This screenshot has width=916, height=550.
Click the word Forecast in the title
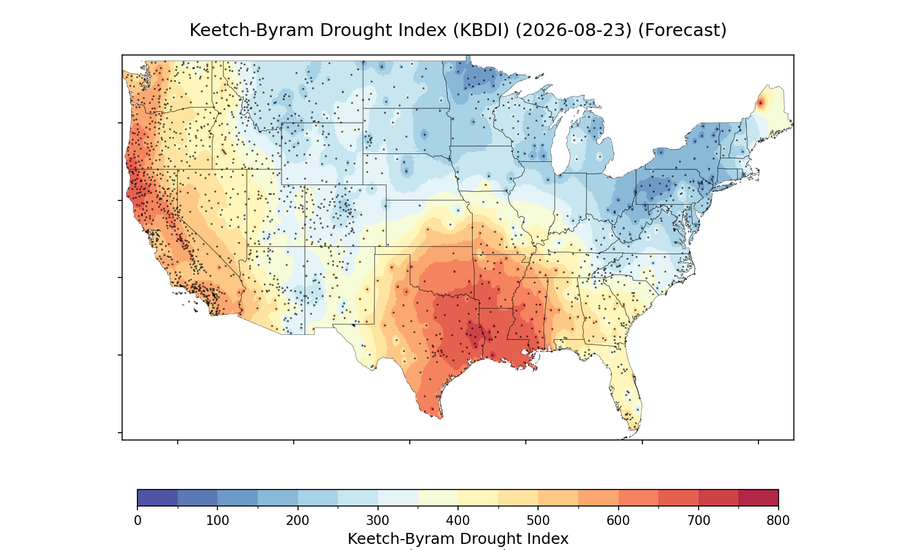point(682,30)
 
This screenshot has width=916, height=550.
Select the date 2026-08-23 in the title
point(573,30)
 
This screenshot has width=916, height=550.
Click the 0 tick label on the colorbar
point(137,521)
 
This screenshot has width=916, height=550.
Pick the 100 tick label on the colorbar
point(217,521)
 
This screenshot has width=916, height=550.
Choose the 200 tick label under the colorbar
point(298,521)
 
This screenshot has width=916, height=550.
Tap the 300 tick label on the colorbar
point(378,521)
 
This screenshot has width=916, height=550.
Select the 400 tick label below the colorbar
point(458,521)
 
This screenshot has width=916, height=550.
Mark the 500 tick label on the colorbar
point(538,521)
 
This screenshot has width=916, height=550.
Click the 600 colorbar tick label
point(618,521)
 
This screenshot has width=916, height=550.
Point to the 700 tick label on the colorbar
point(699,521)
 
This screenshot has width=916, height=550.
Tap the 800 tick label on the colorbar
point(778,521)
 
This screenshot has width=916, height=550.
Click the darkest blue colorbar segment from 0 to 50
point(158,497)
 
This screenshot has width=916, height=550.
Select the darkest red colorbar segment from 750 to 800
point(758,497)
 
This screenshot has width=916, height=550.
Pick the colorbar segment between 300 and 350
point(398,497)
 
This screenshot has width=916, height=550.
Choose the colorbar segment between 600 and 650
point(638,497)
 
